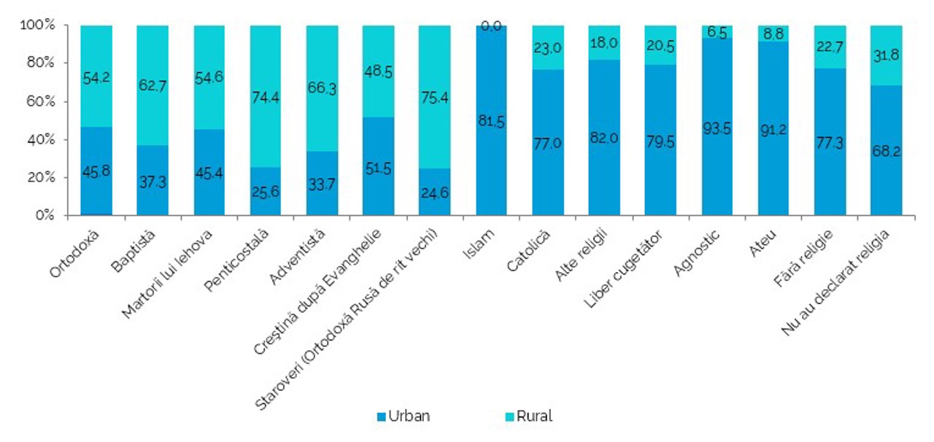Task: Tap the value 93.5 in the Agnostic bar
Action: pyautogui.click(x=717, y=128)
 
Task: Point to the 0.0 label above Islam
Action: pyautogui.click(x=491, y=26)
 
